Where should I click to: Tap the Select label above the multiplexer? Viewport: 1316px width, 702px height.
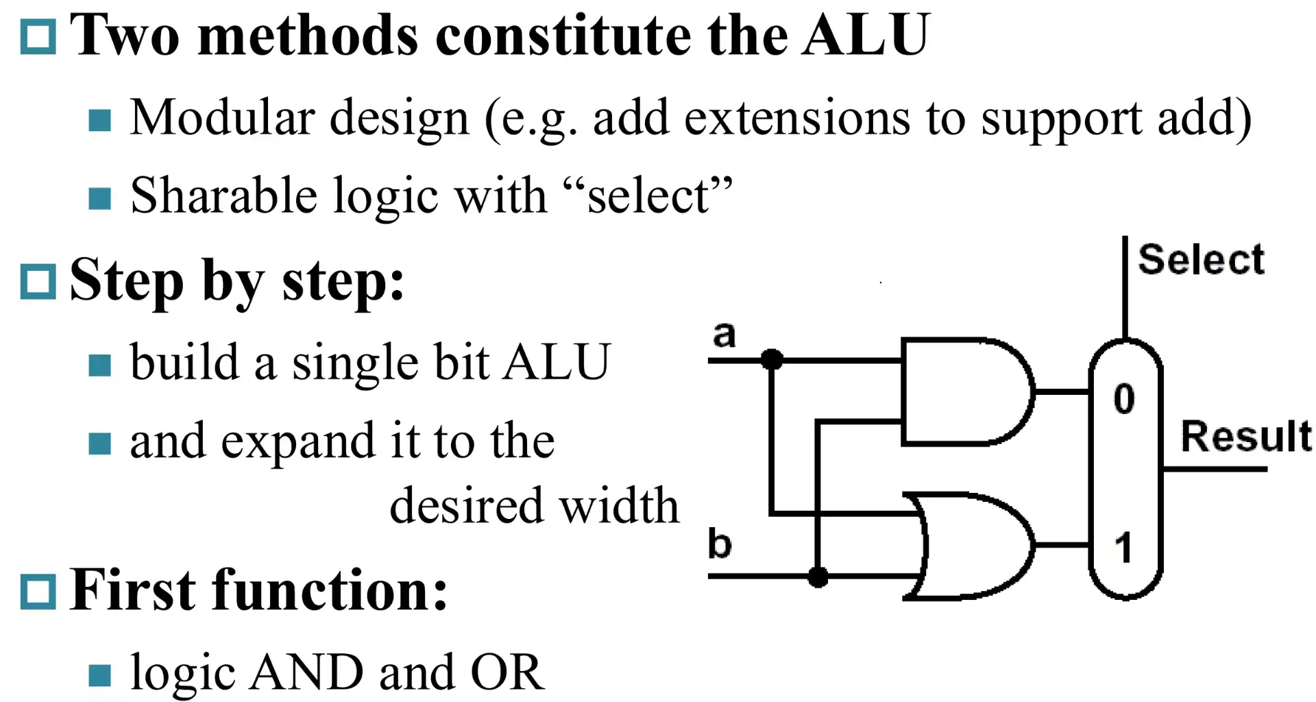click(x=1201, y=260)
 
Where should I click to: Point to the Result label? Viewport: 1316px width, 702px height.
click(x=1245, y=436)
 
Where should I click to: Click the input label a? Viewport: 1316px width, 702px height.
click(x=724, y=335)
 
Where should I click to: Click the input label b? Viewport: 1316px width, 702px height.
click(x=720, y=544)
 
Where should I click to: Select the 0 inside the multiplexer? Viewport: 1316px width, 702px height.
click(x=1124, y=398)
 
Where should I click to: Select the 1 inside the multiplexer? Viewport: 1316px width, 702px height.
click(x=1123, y=548)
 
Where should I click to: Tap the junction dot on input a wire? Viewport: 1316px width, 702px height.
click(x=772, y=359)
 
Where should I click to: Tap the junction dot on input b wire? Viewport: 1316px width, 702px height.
click(x=818, y=577)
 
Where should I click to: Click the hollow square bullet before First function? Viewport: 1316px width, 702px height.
click(x=38, y=591)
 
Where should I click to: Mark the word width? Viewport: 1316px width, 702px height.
click(x=619, y=506)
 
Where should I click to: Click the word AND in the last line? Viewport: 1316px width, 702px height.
click(x=306, y=673)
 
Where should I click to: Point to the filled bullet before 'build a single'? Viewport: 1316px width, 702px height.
click(x=100, y=365)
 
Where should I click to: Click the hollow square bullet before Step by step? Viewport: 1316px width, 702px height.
click(x=38, y=282)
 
